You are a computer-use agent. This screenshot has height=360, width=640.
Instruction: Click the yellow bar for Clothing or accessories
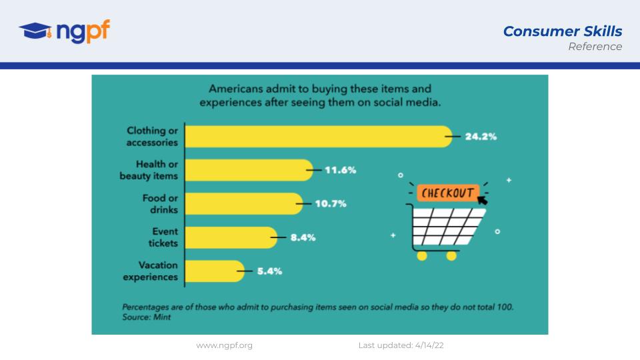tap(319, 137)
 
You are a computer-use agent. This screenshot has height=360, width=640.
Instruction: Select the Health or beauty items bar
tap(249, 170)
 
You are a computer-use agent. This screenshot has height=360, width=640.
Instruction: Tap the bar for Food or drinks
tap(244, 204)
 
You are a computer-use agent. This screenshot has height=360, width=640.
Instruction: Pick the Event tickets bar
tap(231, 237)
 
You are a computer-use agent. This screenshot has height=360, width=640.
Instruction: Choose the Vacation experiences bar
tap(215, 271)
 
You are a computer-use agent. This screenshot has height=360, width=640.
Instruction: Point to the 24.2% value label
tap(481, 137)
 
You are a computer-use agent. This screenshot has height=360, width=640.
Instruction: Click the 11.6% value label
tap(341, 170)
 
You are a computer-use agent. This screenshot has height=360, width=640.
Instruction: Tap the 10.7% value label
tap(331, 204)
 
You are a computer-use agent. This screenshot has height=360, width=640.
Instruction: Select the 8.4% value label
tap(303, 237)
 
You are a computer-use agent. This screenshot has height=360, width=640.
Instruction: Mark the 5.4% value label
tap(269, 271)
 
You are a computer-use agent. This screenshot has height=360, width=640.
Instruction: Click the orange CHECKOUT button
tap(448, 193)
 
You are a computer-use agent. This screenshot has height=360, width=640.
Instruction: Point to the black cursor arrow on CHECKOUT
tap(483, 199)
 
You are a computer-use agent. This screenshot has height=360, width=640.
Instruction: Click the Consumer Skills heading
tap(563, 31)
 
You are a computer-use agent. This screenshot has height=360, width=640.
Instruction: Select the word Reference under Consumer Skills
tap(595, 47)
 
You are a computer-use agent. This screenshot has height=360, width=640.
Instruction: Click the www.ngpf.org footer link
tap(224, 345)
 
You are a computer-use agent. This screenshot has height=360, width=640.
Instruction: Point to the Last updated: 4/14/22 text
tap(401, 345)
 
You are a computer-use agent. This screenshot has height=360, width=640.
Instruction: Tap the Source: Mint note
tap(147, 317)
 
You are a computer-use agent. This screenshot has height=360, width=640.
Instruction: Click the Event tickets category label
tap(163, 237)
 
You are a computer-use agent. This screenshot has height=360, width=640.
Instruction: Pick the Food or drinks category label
tap(160, 204)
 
